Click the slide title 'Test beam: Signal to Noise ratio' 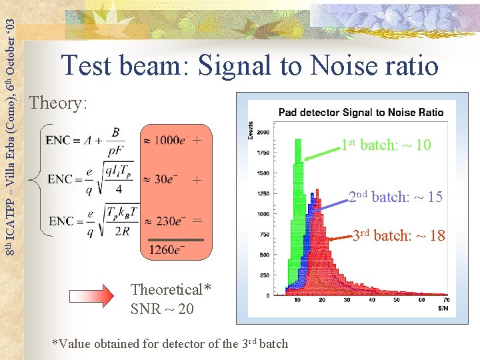click(250, 66)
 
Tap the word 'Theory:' click(59, 103)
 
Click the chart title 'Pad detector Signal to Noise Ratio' click(361, 113)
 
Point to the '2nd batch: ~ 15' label click(396, 197)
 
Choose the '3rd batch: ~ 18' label click(398, 235)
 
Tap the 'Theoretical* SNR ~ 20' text click(171, 299)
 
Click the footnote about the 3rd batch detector click(170, 343)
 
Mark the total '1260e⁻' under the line click(167, 250)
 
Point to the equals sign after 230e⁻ click(197, 220)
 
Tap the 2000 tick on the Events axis click(263, 133)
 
